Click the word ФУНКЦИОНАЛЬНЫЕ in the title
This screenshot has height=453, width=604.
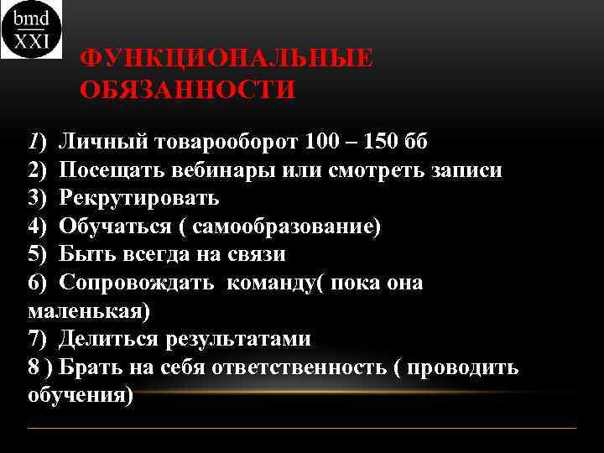click(226, 60)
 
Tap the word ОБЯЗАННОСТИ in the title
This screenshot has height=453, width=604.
click(188, 89)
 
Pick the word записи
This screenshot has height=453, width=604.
click(465, 169)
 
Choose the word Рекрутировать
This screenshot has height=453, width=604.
click(139, 198)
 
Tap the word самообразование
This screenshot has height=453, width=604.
click(286, 226)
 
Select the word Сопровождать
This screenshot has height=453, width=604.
click(135, 283)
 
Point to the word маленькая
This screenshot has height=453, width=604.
click(87, 311)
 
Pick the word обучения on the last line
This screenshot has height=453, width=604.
click(80, 395)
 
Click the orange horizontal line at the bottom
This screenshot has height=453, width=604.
click(302, 429)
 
